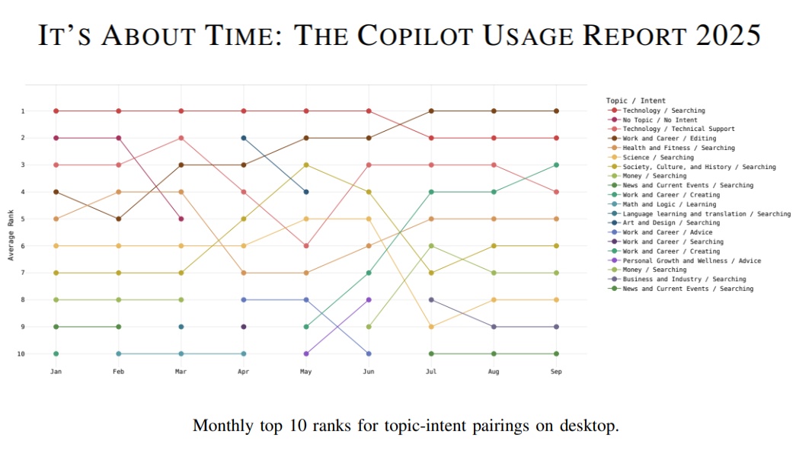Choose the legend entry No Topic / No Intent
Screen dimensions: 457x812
pyautogui.click(x=660, y=120)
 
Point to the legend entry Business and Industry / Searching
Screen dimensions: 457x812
pyautogui.click(x=684, y=280)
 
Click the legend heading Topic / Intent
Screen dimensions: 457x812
pyautogui.click(x=635, y=101)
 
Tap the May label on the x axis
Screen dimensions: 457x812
pyautogui.click(x=306, y=371)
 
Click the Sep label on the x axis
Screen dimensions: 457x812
pyautogui.click(x=556, y=371)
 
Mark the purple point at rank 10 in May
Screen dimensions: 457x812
pyautogui.click(x=306, y=353)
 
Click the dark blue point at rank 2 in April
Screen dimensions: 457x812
pyautogui.click(x=244, y=138)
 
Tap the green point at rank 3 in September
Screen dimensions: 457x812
pyautogui.click(x=556, y=165)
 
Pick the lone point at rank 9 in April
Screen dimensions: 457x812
pyautogui.click(x=244, y=327)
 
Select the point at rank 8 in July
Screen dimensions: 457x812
pyautogui.click(x=431, y=299)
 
